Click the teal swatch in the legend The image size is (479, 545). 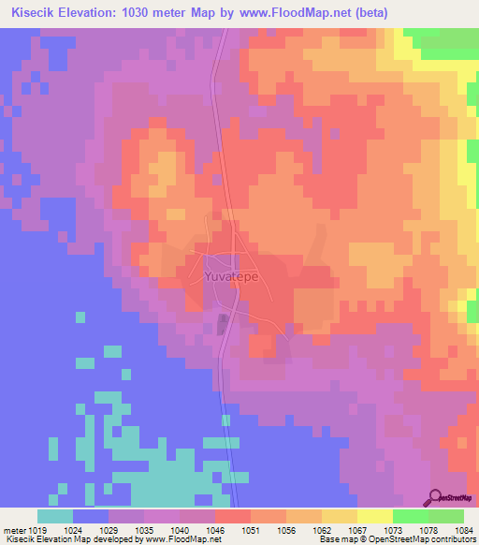click(55, 516)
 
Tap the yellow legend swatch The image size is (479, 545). click(374, 516)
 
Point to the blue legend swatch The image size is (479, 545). click(91, 516)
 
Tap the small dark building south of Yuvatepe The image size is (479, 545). click(222, 324)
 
